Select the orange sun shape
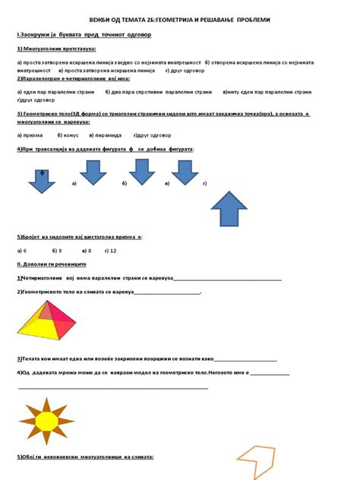pyautogui.click(x=46, y=420)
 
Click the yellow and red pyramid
pyautogui.click(x=47, y=318)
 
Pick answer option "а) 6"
pyautogui.click(x=21, y=249)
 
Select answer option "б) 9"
pyautogui.click(x=56, y=249)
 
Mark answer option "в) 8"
pyautogui.click(x=84, y=249)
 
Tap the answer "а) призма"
pyautogui.click(x=30, y=134)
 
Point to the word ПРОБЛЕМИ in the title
pyautogui.click(x=248, y=19)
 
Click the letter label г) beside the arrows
pyautogui.click(x=205, y=184)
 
